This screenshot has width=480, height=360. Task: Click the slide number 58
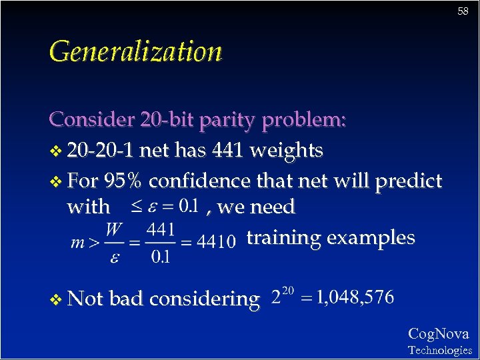click(463, 11)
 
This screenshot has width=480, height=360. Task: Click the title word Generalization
click(135, 51)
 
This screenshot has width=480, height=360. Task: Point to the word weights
click(286, 151)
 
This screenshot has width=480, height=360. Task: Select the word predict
click(409, 181)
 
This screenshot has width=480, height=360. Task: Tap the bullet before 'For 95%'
click(55, 181)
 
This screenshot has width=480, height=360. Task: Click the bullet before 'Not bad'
click(55, 299)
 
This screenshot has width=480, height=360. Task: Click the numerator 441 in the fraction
click(161, 230)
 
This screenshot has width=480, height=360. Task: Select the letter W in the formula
click(114, 230)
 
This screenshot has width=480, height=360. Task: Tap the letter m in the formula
click(77, 243)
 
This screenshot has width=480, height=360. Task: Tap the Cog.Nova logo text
click(438, 334)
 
